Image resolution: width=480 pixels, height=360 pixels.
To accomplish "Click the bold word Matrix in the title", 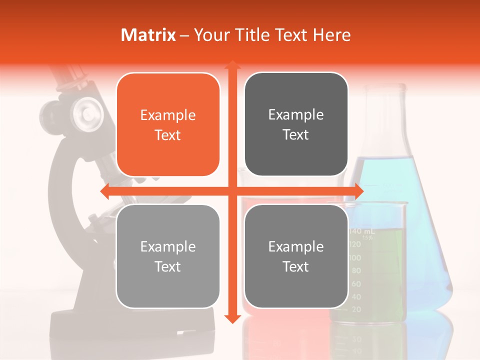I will pos(148,35).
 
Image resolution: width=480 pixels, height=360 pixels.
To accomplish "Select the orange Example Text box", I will pos(167,124).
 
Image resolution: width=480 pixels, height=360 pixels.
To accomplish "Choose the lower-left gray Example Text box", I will pos(167,256).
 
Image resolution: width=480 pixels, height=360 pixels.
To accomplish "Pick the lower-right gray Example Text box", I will pos(295,256).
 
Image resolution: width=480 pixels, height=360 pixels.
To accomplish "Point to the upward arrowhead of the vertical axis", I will pos(232,65).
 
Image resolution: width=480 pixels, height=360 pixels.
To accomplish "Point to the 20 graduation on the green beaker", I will pos(356,309).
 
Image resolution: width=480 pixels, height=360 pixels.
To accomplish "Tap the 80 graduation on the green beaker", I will pos(356,271).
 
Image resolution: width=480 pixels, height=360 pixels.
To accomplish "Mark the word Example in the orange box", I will pos(167,115).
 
